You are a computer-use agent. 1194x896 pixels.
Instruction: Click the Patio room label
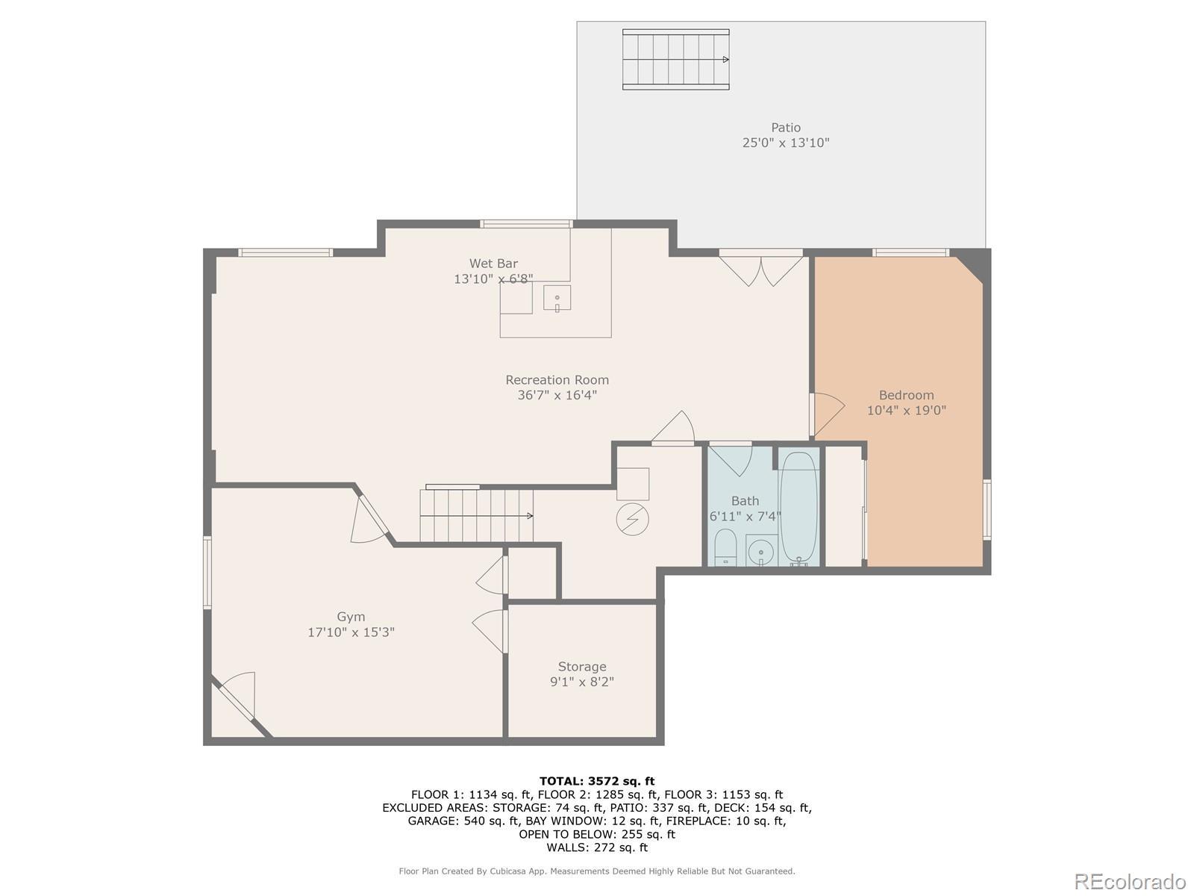click(786, 127)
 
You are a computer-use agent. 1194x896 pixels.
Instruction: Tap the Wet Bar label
click(493, 264)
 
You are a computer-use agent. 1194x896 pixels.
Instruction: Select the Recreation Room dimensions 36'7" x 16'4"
click(557, 395)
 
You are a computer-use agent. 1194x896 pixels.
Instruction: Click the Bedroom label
click(906, 395)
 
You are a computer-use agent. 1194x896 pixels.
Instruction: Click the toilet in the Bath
click(725, 547)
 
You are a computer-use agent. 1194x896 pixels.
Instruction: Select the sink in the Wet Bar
click(557, 298)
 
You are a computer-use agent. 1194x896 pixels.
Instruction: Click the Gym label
click(351, 617)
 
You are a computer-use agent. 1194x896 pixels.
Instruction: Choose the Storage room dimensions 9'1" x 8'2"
click(582, 682)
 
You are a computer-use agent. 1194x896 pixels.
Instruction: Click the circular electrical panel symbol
click(632, 519)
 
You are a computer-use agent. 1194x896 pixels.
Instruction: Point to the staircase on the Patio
click(675, 59)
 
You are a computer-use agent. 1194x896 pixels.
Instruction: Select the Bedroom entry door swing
click(827, 414)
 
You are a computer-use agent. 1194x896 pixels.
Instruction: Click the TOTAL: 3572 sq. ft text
click(597, 781)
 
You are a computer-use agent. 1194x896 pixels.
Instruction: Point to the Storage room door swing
click(490, 631)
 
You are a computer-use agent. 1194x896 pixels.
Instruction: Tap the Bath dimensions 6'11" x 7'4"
click(746, 516)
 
